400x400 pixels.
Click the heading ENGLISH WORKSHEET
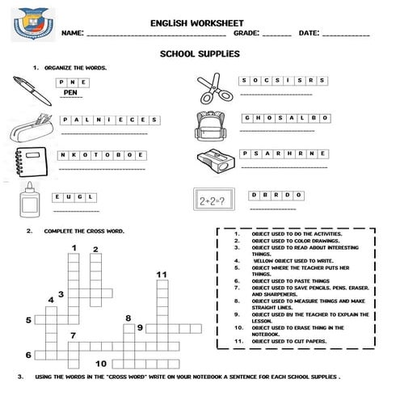[200, 23]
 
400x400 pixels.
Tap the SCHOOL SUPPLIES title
[200, 53]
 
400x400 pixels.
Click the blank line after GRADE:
[277, 36]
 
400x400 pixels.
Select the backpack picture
[212, 125]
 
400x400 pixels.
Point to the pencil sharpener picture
[214, 159]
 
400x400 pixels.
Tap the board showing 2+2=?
[216, 198]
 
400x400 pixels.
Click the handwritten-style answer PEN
[72, 94]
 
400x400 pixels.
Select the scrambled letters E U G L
[74, 196]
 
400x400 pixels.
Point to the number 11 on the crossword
[162, 275]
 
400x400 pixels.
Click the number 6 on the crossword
[28, 354]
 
